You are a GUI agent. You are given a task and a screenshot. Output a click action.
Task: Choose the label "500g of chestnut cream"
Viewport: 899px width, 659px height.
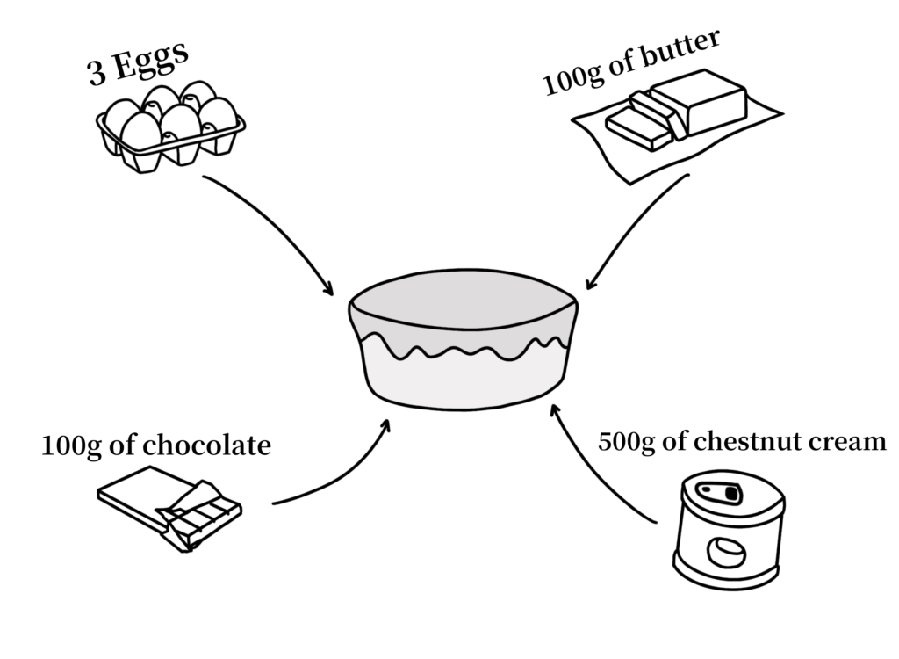[x=742, y=441]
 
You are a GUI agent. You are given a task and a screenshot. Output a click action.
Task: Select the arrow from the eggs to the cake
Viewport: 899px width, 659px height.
[x=272, y=233]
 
